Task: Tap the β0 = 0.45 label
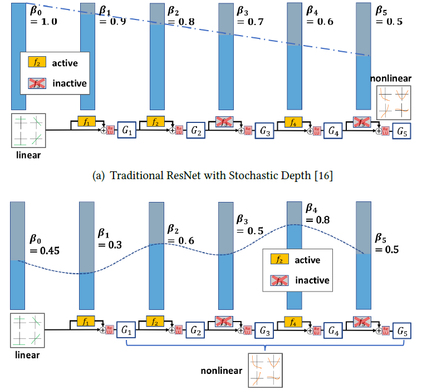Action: click(x=44, y=244)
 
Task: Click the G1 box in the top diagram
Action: click(x=127, y=131)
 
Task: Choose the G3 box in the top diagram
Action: click(x=265, y=131)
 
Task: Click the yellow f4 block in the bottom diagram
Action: click(x=293, y=321)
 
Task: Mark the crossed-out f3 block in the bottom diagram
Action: click(x=225, y=321)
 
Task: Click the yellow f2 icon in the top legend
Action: click(x=36, y=63)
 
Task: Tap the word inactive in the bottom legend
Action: click(x=312, y=280)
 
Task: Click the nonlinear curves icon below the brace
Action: click(x=265, y=370)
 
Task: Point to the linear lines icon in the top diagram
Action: click(x=27, y=131)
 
